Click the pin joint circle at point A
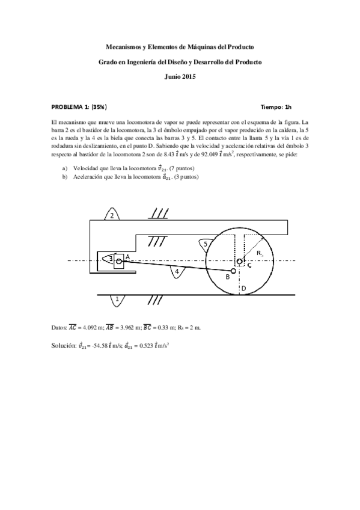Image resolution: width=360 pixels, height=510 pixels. pos(119,260)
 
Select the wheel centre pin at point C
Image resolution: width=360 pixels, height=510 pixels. pos(240,261)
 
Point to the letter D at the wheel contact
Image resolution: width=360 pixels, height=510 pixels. pos(243,288)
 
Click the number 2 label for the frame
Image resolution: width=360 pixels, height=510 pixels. pos(111,216)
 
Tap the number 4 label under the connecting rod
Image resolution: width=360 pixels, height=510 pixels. pos(177,272)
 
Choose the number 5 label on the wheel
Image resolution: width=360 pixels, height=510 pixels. pos(206,244)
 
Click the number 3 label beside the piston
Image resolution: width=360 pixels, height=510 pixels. pos(111,258)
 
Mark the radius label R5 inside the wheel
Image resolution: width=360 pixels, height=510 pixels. pos(259,254)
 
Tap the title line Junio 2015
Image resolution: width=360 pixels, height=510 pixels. pos(180,76)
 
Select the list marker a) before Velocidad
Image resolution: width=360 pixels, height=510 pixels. pos(65,169)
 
